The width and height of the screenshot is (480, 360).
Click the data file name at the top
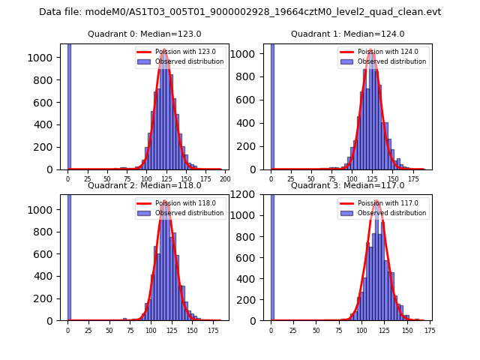(x=240, y=12)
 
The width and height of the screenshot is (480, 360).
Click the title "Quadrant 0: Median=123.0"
(x=144, y=34)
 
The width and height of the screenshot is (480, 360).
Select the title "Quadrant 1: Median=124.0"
(x=347, y=34)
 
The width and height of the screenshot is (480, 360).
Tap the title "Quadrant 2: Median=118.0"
(x=144, y=185)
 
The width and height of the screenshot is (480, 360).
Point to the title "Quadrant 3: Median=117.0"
(x=347, y=185)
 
